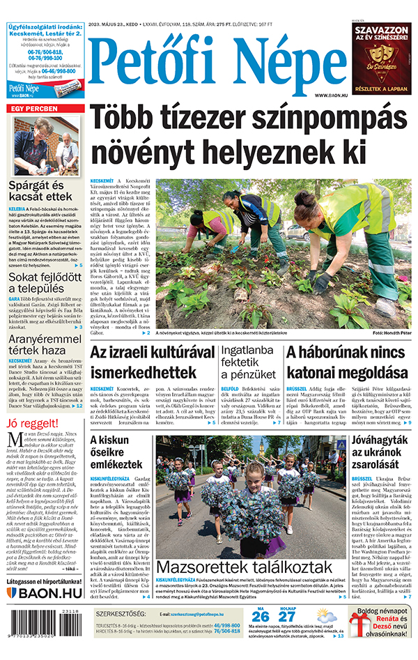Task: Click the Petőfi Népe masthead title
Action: pos(218,66)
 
